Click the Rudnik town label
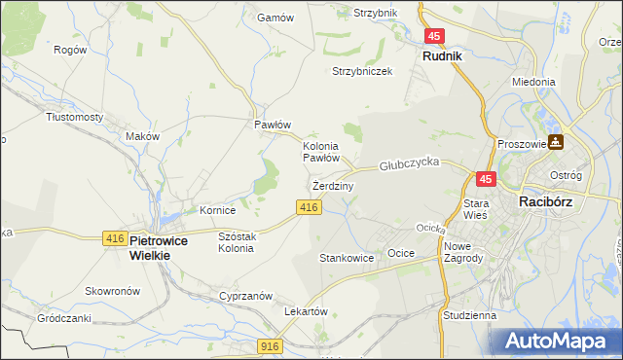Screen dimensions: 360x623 coord(442,56)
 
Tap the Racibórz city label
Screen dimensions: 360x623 coord(551,201)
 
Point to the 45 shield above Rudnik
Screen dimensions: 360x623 coord(435,36)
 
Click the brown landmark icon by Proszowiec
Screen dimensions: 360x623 coord(556,142)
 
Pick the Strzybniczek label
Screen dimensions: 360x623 coord(362,71)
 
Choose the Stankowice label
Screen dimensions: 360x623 coord(347,258)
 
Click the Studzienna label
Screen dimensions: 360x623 coord(468,315)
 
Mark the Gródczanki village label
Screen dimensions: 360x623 coord(64,318)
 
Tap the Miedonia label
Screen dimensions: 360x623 coord(533,83)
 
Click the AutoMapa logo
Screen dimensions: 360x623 coord(559,341)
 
